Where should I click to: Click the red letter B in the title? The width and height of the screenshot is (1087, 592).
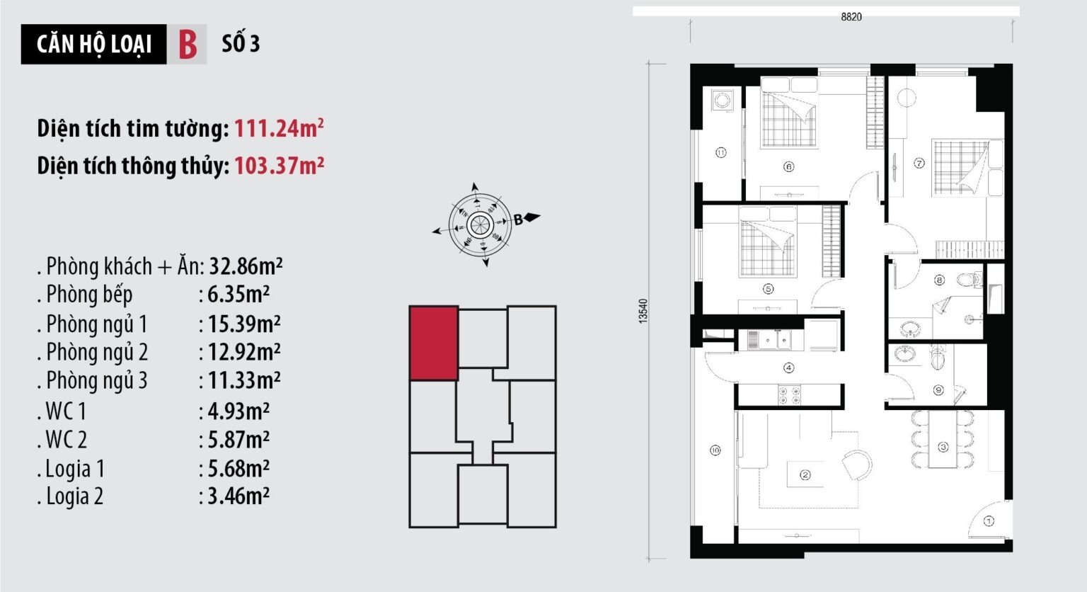click(x=188, y=44)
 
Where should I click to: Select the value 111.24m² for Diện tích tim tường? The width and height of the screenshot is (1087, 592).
click(x=279, y=128)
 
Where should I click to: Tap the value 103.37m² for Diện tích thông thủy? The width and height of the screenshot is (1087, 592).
click(x=279, y=165)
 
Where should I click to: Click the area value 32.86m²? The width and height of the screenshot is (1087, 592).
click(x=246, y=266)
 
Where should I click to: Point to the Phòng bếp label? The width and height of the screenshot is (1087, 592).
click(x=88, y=295)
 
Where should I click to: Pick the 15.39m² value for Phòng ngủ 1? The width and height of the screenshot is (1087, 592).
click(x=243, y=324)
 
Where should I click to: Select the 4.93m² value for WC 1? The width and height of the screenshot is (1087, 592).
click(x=238, y=411)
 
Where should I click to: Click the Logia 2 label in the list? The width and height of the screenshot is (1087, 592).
click(x=74, y=496)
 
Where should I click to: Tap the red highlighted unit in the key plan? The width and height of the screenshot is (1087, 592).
click(x=434, y=343)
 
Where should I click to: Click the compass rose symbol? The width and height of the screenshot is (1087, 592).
click(x=481, y=224)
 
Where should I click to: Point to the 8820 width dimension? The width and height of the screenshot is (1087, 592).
click(x=851, y=17)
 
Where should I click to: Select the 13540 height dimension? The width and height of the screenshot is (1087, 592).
click(x=643, y=312)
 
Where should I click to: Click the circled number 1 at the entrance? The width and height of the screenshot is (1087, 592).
click(x=989, y=521)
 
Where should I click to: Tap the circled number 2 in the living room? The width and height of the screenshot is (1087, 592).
click(x=805, y=475)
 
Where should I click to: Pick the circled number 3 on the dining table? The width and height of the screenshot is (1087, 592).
click(x=943, y=447)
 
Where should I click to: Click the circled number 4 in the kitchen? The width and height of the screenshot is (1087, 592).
click(x=788, y=368)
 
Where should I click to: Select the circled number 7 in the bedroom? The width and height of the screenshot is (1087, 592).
click(x=919, y=163)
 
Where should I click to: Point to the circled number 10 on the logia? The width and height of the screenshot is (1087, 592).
click(x=715, y=450)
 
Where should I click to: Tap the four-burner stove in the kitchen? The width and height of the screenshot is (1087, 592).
click(x=789, y=395)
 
